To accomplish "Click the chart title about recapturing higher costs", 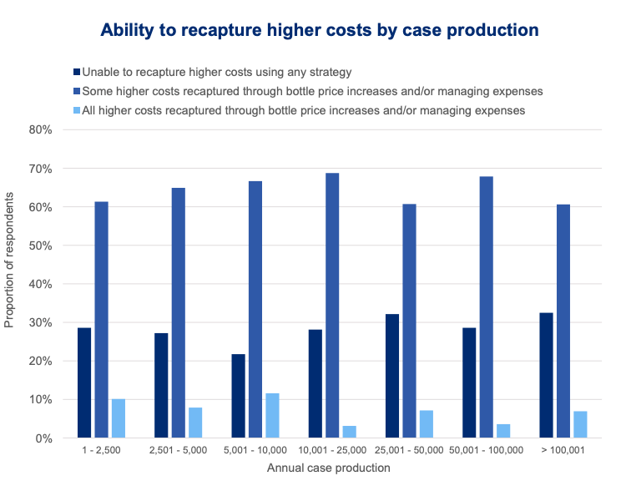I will click(320, 31).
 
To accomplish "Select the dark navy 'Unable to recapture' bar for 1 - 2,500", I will click(84, 382).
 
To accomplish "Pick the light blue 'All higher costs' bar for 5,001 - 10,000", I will click(272, 415).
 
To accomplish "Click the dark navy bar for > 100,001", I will click(546, 375).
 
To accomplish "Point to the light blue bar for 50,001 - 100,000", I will click(502, 430).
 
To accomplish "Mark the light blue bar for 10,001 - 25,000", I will click(349, 431).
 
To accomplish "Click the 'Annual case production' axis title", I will click(328, 468).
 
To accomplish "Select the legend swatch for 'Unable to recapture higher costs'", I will click(78, 72).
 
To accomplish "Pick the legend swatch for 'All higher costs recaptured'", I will click(78, 110).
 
